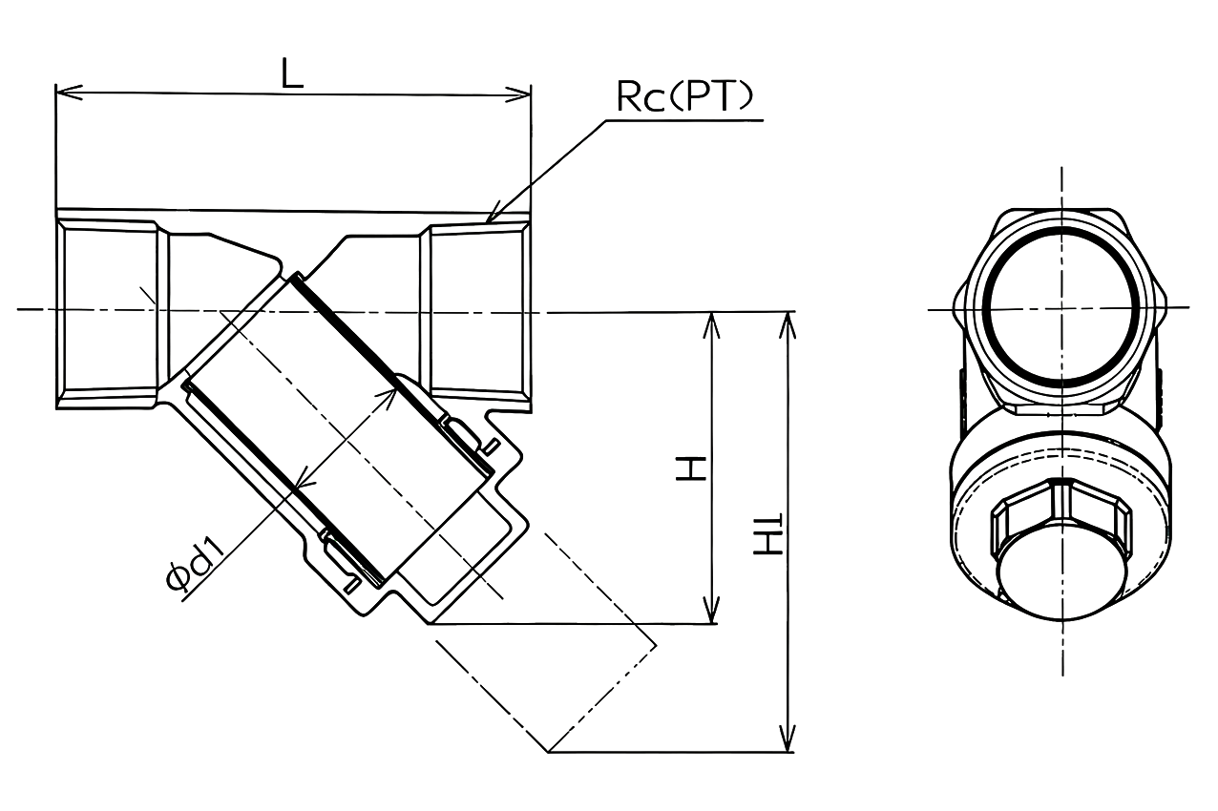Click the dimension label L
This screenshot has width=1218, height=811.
pos(292,73)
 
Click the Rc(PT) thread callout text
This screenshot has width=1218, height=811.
pos(684,98)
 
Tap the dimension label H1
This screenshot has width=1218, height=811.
pos(768,536)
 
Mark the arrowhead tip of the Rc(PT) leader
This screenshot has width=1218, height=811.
pos(489,220)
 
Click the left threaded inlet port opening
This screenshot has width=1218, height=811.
pos(105,310)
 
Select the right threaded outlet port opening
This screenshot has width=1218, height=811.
pos(477,310)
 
